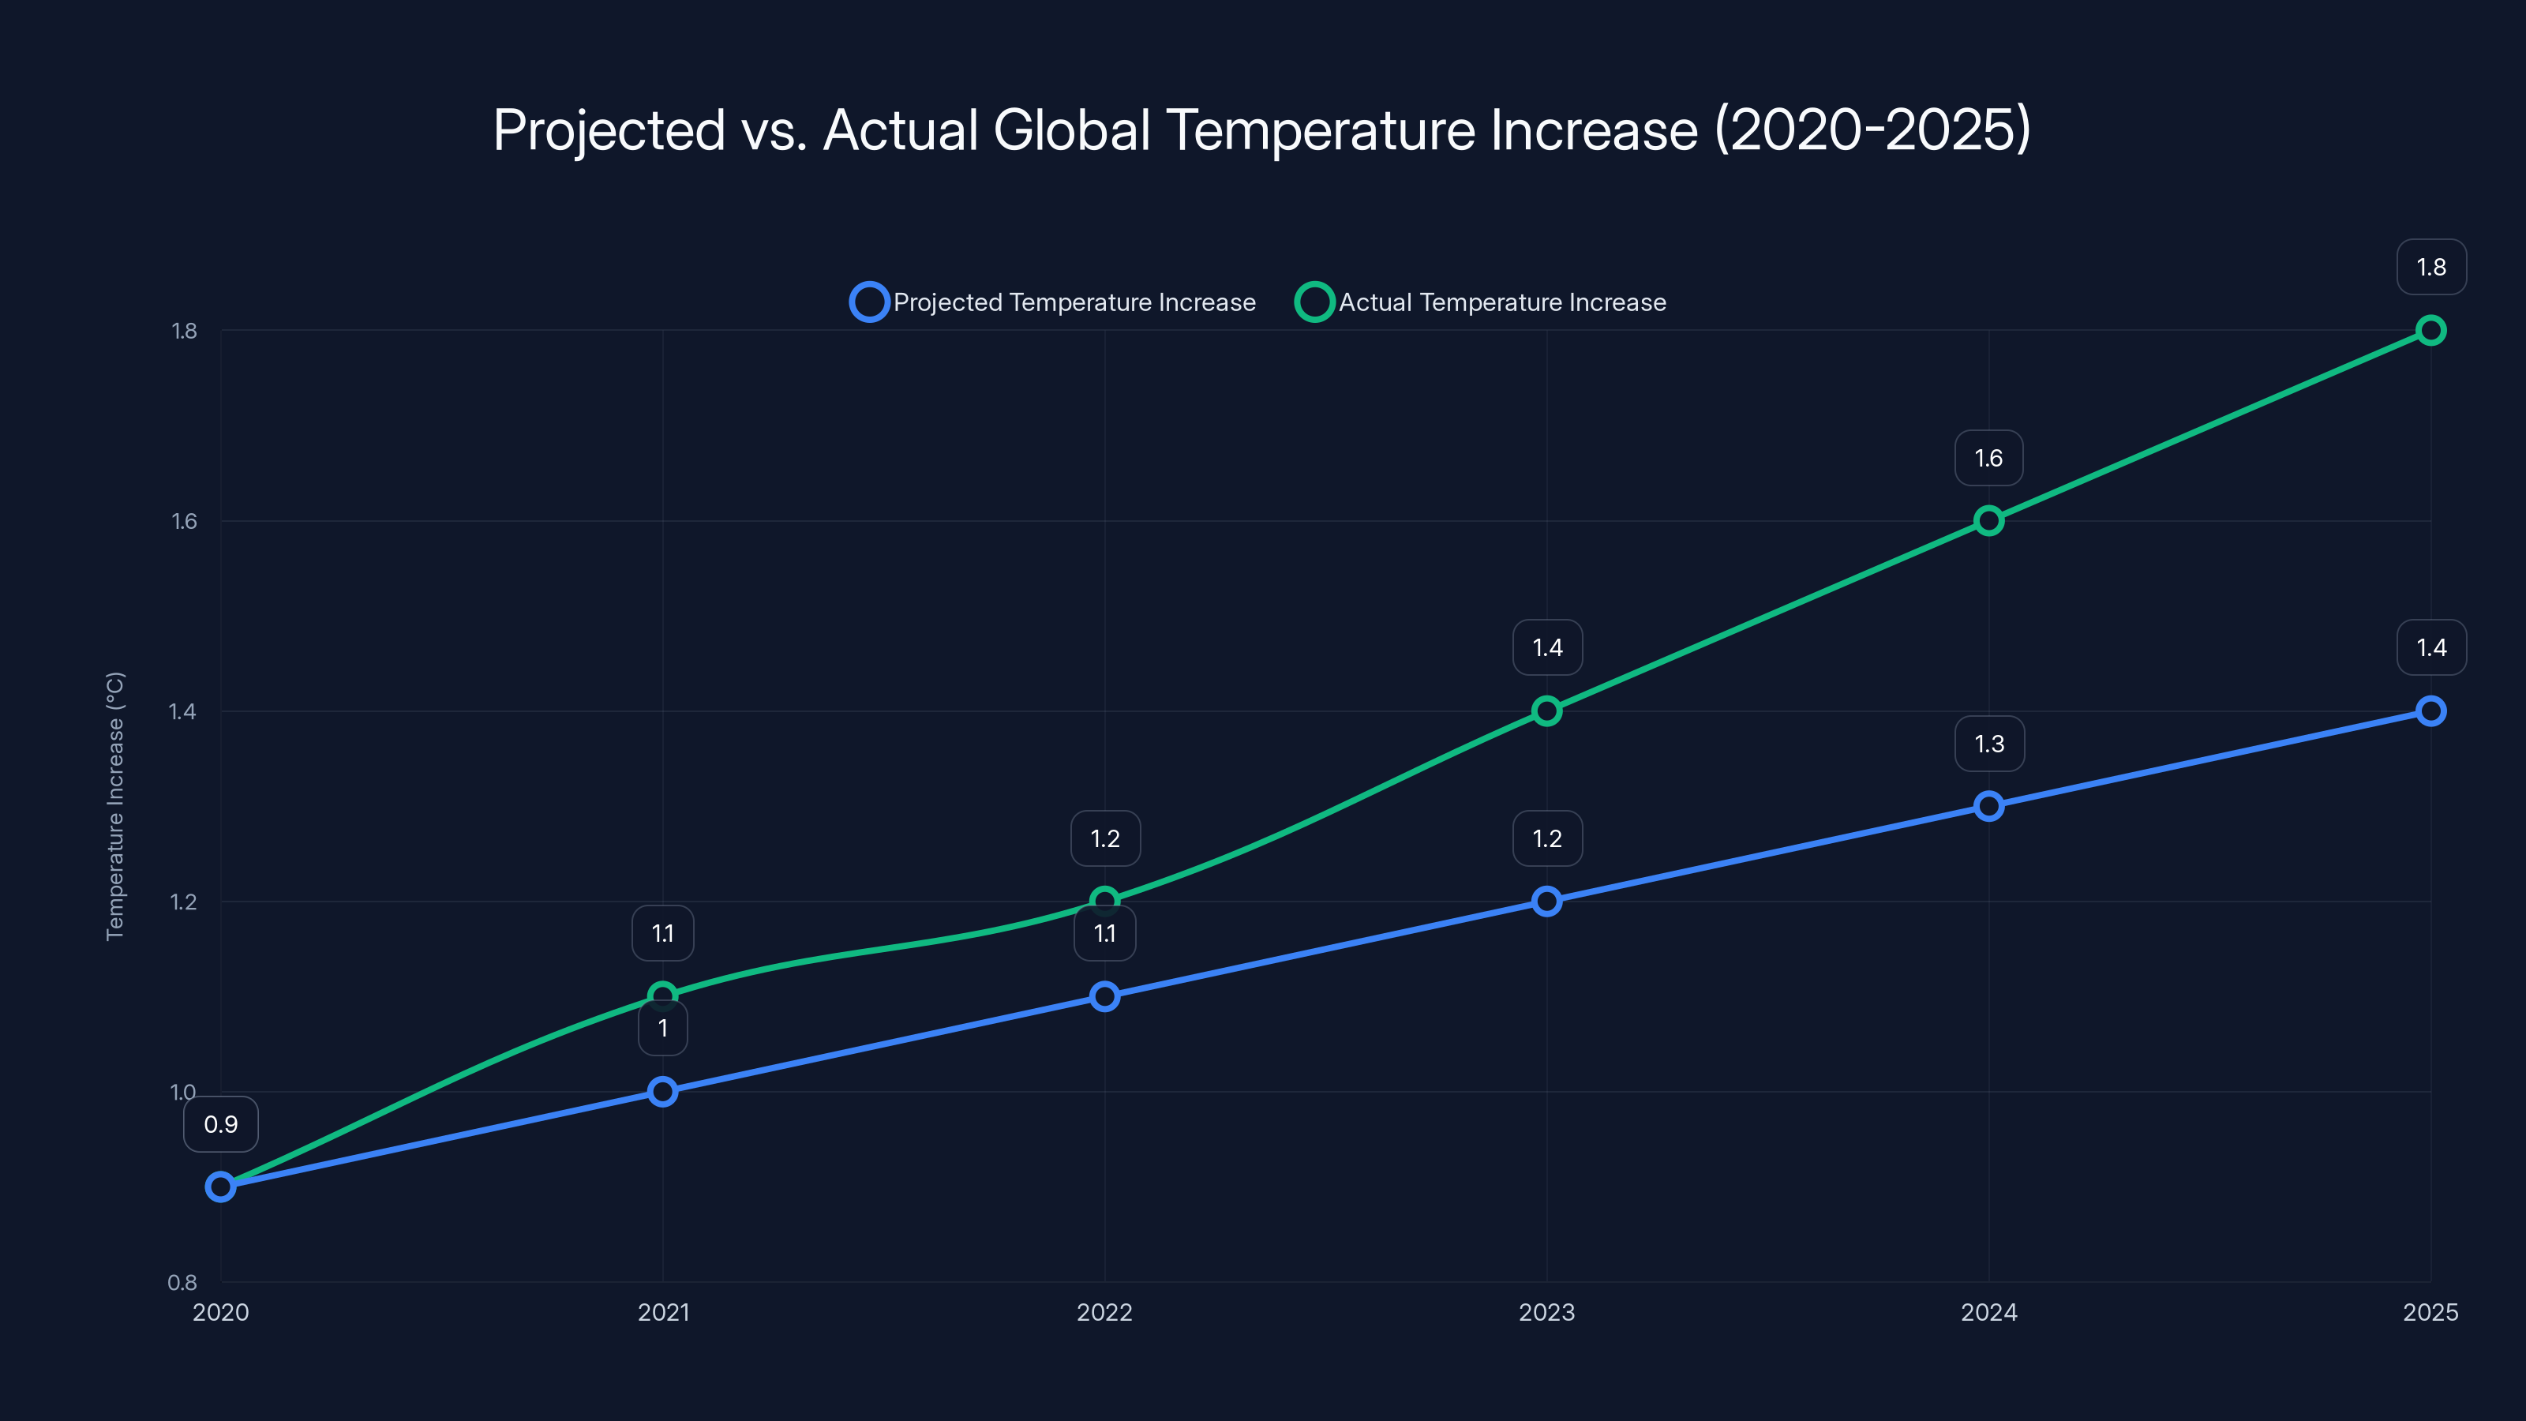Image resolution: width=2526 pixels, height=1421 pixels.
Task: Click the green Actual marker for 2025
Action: click(x=2430, y=331)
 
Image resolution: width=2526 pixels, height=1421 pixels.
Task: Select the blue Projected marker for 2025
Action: click(x=2430, y=711)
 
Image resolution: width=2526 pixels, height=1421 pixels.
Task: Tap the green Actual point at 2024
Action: click(x=1988, y=521)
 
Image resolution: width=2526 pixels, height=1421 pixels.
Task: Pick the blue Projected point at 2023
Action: click(x=1546, y=902)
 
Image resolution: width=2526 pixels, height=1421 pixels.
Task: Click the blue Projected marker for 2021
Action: click(x=663, y=1092)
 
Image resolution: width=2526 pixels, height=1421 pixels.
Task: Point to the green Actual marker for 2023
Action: click(x=1546, y=711)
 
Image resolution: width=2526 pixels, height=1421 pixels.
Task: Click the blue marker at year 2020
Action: click(x=221, y=1187)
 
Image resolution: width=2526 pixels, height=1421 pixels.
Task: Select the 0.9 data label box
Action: click(x=221, y=1124)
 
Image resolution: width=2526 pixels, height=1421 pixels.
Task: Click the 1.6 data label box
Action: click(x=1988, y=458)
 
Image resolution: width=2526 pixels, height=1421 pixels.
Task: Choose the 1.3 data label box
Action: click(x=1988, y=744)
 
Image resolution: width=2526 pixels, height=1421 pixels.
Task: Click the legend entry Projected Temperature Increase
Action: click(x=1054, y=302)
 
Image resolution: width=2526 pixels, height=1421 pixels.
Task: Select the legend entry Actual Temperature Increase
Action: click(x=1482, y=302)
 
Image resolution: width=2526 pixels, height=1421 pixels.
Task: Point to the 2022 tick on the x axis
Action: click(x=1104, y=1312)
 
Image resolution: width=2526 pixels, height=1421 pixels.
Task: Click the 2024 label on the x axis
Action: click(x=1988, y=1312)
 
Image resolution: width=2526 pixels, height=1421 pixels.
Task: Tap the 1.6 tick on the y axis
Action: click(x=185, y=521)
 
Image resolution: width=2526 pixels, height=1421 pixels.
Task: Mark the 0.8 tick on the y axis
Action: click(x=182, y=1282)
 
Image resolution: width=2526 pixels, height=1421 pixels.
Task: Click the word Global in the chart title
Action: click(x=1071, y=129)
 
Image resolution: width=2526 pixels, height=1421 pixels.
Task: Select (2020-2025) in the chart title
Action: click(x=1872, y=129)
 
